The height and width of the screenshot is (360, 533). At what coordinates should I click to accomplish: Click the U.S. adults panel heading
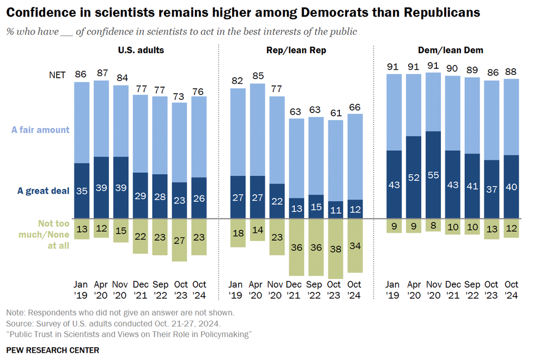pyautogui.click(x=140, y=50)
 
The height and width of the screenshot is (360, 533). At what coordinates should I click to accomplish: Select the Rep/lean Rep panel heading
pyautogui.click(x=296, y=50)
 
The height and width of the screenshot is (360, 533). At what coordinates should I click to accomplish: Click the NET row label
pyautogui.click(x=57, y=74)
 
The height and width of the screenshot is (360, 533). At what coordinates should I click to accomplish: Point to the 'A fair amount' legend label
pyautogui.click(x=41, y=130)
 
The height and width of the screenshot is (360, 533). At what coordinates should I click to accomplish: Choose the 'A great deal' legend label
pyautogui.click(x=43, y=191)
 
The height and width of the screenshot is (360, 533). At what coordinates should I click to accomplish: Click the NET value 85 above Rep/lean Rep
pyautogui.click(x=258, y=74)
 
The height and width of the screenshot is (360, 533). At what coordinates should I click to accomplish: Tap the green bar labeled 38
pyautogui.click(x=335, y=249)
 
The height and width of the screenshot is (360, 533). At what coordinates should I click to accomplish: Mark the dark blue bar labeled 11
pyautogui.click(x=335, y=210)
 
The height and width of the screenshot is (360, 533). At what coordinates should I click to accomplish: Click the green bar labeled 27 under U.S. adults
pyautogui.click(x=179, y=240)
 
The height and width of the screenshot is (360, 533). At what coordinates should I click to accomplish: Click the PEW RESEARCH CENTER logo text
pyautogui.click(x=53, y=350)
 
